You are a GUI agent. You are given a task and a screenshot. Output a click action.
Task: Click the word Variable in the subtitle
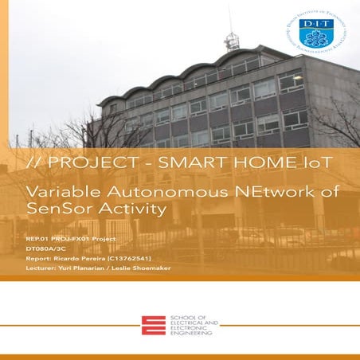pyautogui.click(x=58, y=193)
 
